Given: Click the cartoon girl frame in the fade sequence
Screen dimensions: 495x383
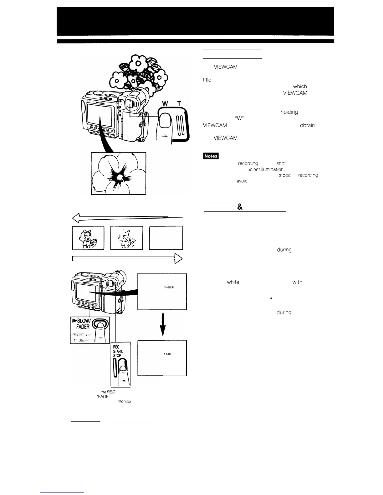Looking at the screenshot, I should tap(88, 238).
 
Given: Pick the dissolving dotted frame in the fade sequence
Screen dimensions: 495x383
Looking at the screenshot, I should tap(127, 238).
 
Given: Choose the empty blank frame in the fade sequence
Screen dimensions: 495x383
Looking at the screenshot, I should tap(166, 238).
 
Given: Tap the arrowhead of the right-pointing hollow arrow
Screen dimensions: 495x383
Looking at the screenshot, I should tap(178, 258).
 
